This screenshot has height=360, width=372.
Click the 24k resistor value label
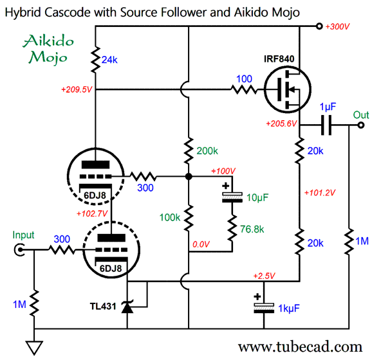coord(109,60)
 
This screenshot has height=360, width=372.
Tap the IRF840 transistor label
coord(279,59)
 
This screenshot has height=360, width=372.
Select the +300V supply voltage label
coord(337,26)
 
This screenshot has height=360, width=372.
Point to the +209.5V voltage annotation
coord(77,89)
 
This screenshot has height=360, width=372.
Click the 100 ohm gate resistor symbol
coord(244,89)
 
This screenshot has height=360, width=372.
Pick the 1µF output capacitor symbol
coord(326,125)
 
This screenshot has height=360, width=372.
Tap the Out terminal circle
coord(361,125)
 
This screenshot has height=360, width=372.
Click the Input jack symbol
coord(19,249)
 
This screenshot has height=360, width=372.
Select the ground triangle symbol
coord(34,348)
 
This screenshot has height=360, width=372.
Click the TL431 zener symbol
coord(127,307)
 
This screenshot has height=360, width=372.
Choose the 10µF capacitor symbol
coord(232,195)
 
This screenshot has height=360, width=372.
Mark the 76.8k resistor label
coord(252,229)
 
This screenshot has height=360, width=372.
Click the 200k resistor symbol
coord(189,150)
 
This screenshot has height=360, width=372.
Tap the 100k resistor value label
coord(170,217)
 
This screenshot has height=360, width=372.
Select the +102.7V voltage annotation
coord(92,213)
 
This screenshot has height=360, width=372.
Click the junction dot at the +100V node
coord(189,177)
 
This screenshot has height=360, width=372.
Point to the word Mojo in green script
coord(48,58)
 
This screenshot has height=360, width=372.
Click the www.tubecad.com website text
coord(300,347)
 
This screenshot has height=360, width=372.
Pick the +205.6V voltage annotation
coord(281,123)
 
